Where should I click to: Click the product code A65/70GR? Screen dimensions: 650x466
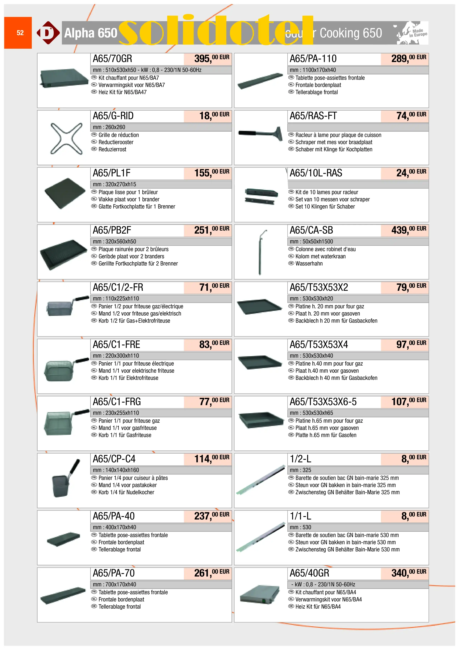(112, 59)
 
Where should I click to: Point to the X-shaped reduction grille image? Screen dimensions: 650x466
(66, 138)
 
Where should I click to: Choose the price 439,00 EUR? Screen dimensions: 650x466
(408, 230)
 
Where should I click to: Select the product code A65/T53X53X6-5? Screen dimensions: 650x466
(323, 402)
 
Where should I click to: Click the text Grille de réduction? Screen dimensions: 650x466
(118, 135)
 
